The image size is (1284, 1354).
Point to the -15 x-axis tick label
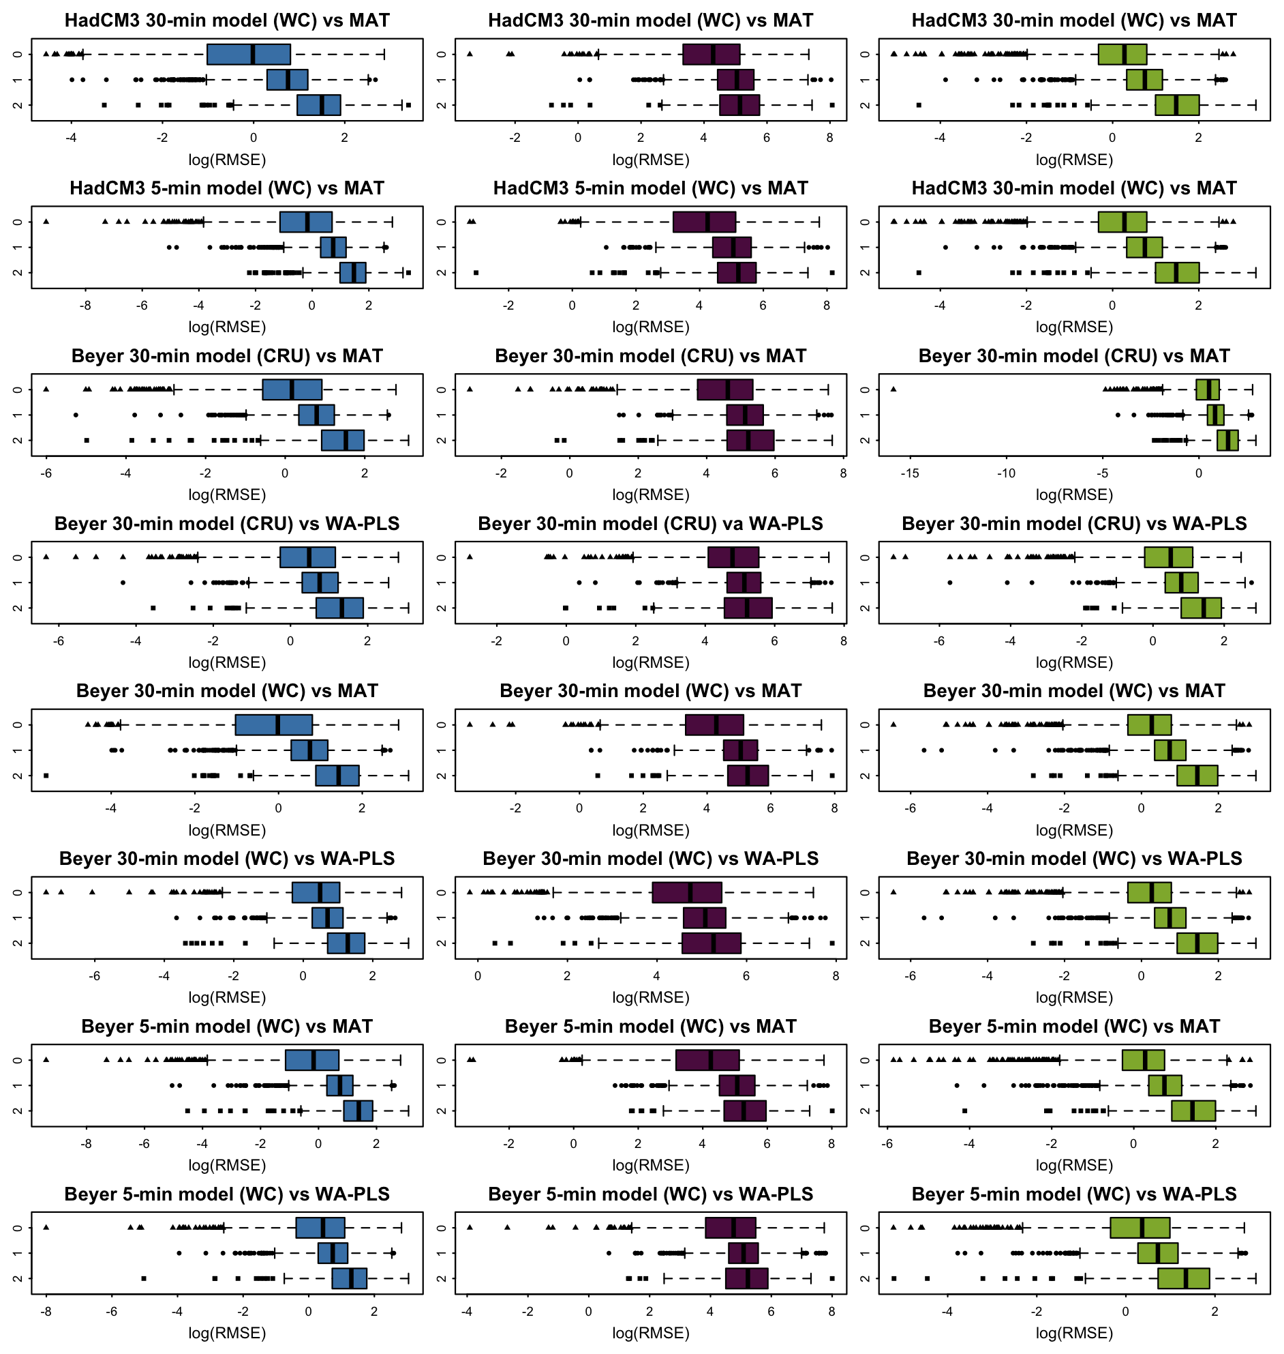[x=910, y=473]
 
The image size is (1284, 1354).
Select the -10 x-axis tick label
[x=1006, y=473]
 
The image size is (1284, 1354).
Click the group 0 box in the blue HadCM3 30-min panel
[x=249, y=54]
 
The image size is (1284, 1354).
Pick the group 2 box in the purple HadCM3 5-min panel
[x=737, y=273]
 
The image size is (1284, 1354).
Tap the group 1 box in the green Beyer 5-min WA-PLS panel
[x=1157, y=1253]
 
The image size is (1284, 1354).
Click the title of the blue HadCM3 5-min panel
[x=226, y=188]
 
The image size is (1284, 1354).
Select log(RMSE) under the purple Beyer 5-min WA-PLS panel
[x=650, y=1333]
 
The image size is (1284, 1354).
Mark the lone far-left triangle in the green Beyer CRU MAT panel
[x=893, y=389]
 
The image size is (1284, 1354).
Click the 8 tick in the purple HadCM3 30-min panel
[x=829, y=138]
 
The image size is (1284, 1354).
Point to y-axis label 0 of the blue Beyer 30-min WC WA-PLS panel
[x=17, y=892]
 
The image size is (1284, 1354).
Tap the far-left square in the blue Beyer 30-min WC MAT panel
[x=46, y=776]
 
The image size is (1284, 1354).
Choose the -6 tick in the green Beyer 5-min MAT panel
[x=887, y=1144]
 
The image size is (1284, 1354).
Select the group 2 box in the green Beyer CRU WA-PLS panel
[x=1200, y=608]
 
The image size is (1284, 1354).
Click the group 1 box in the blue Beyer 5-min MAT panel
[x=339, y=1085]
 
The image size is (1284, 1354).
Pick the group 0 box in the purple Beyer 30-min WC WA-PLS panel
[x=686, y=892]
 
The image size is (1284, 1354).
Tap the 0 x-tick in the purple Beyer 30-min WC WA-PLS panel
[x=478, y=976]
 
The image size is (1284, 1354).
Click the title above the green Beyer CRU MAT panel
[x=1074, y=356]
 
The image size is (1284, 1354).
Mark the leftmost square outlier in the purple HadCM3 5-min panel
[x=476, y=273]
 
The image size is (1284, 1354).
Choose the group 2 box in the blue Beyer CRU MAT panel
[x=342, y=441]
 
